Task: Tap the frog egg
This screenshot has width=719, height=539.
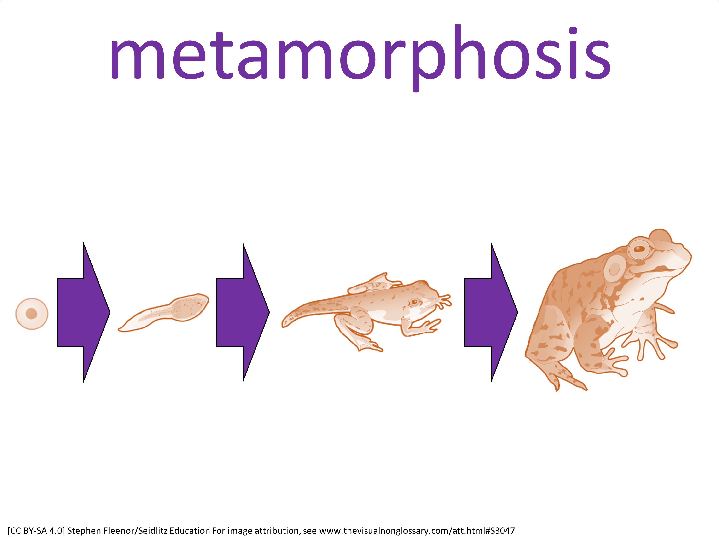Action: tap(32, 314)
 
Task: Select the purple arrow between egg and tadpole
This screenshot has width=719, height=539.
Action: tap(84, 312)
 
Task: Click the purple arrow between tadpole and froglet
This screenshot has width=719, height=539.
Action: tap(243, 312)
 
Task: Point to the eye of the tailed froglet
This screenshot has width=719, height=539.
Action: tap(414, 302)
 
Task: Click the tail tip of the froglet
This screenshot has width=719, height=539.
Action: tap(284, 325)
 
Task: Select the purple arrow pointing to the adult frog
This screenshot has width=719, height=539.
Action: tap(491, 312)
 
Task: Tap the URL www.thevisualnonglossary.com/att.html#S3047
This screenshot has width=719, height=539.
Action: tap(417, 531)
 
